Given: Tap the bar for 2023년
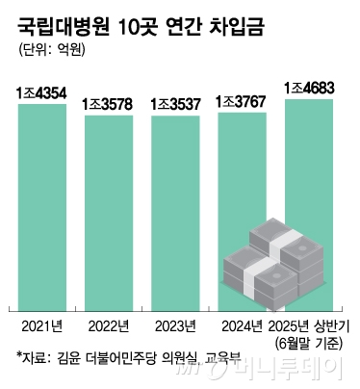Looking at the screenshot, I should coord(175,212).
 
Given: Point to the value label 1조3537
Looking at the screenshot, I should coord(175,103).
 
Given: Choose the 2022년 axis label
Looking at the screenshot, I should coord(110,324).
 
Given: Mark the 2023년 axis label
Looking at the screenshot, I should coord(175,324).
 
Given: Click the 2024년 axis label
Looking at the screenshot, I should coord(242,324).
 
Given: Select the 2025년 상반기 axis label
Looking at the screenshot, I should coord(309,324).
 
